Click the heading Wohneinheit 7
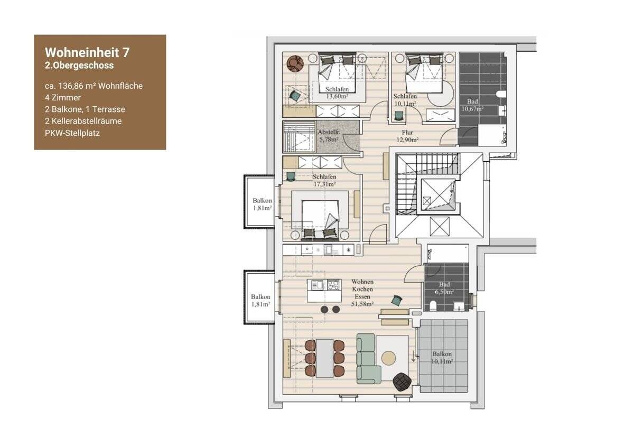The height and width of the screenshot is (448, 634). point(87,52)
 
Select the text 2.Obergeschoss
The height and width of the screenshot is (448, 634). point(79,66)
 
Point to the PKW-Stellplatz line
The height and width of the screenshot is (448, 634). point(72,133)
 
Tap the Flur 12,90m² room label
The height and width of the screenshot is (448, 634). point(407,136)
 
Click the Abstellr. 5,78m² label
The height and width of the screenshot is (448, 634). point(329,136)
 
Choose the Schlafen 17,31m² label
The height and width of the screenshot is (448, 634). point(324,180)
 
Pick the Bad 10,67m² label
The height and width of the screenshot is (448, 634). point(472,105)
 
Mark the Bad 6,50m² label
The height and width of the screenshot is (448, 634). point(444,288)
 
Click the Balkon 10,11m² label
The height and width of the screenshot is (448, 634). point(442,358)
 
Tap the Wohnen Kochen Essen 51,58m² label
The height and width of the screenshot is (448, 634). point(362,293)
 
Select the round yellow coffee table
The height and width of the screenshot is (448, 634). point(388,358)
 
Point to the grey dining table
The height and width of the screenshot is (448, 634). point(324,358)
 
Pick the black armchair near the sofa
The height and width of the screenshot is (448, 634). point(402,382)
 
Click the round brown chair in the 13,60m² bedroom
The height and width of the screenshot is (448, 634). point(295,63)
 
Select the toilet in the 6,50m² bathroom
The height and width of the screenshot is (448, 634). point(433,306)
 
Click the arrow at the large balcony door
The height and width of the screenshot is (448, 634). point(413,356)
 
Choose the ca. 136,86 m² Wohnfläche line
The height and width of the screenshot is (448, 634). point(94,86)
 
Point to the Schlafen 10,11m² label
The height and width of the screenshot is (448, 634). point(405,100)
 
